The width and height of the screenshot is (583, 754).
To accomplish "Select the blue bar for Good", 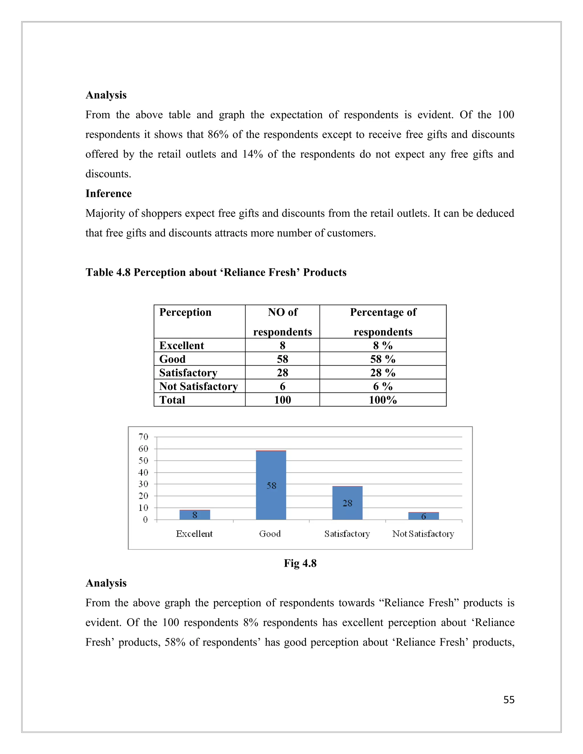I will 271,485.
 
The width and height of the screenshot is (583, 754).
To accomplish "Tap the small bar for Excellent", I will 194,515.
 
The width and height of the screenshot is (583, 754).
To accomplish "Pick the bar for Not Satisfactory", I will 423,516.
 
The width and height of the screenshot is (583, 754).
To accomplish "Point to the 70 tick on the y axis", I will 143,437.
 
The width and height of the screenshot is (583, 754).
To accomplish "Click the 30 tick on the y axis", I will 143,484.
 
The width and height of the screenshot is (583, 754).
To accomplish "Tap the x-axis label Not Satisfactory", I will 423,534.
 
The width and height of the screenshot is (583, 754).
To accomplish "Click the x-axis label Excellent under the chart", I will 194,534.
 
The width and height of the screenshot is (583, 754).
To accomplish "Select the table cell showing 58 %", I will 383,359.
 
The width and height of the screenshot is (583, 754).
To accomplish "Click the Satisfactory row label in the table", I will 188,372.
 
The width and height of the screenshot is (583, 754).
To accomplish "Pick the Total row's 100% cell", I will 383,400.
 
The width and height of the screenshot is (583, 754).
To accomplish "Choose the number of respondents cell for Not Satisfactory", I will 282,386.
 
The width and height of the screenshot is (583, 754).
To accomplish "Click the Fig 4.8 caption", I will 300,563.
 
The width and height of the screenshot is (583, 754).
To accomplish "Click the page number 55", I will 509,700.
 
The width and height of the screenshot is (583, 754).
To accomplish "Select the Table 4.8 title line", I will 216,272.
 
